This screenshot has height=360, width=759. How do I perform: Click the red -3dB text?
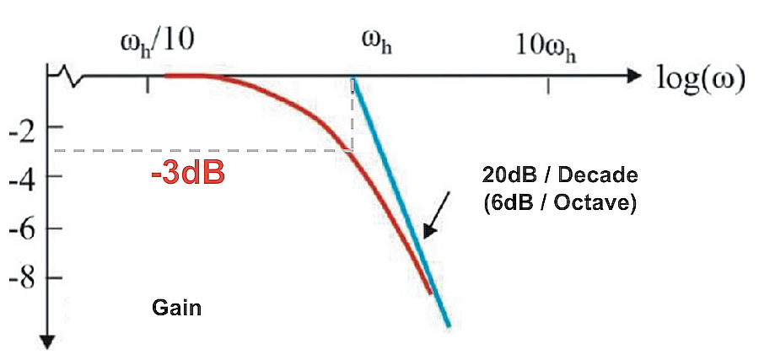point(187,176)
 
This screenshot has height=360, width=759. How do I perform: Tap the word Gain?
point(177,307)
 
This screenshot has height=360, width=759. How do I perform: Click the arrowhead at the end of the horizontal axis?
point(634,76)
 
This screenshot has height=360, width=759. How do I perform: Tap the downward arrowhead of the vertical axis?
point(48,341)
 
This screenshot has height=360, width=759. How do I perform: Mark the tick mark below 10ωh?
point(550,84)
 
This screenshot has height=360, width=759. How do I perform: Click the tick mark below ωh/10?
point(148,84)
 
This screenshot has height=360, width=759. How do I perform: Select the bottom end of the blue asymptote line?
point(449,325)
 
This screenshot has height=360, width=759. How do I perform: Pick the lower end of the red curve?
point(430,293)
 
